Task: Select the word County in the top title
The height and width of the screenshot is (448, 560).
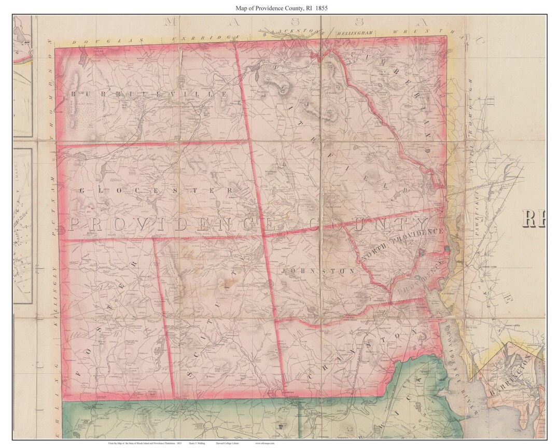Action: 287,8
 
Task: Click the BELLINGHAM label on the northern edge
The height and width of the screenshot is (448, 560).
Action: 354,33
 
